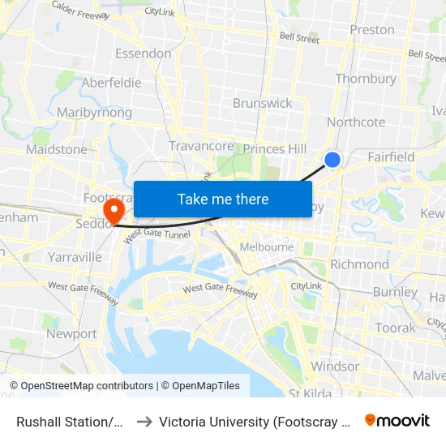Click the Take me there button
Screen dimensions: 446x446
coord(223,199)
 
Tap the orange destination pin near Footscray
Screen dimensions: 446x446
coord(114,211)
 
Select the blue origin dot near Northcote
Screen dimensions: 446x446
coord(332,160)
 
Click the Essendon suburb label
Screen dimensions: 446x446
coord(144,54)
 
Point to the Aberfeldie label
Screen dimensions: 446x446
coord(111,83)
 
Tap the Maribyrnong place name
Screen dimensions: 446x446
coord(94,113)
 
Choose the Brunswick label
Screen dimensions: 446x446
coord(262,103)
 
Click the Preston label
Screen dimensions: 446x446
coord(372,30)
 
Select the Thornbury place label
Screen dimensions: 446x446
coord(366,79)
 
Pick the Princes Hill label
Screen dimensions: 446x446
coord(275,148)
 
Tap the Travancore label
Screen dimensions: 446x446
coord(201,146)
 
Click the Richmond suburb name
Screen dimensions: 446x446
coord(360,264)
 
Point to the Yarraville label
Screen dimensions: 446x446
coord(75,257)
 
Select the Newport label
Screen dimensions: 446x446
coord(71,333)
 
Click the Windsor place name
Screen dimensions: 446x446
coord(335,366)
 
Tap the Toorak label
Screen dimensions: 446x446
coord(395,328)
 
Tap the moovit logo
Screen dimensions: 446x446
coord(397,420)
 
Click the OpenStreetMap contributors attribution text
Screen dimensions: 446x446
coord(81,386)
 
